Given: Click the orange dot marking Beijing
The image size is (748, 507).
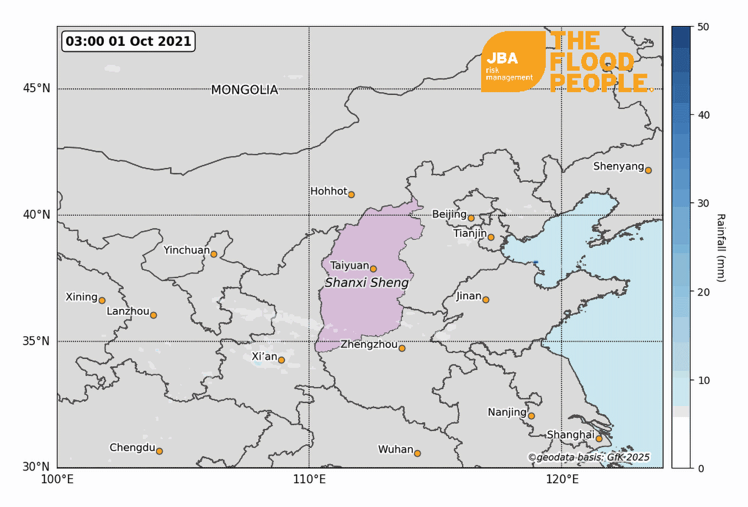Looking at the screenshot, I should tap(471, 218).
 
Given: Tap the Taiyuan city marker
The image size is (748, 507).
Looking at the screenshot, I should tap(373, 269).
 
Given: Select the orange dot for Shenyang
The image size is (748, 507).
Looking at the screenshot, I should tap(648, 170).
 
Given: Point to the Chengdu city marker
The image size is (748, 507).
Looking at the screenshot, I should tap(159, 451).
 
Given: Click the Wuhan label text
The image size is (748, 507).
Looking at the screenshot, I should tap(395, 450).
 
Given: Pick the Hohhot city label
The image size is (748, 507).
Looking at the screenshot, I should tap(328, 191).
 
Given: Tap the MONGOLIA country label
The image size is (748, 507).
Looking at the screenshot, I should tap(245, 90).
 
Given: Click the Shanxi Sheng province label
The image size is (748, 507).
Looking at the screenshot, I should tap(367, 283).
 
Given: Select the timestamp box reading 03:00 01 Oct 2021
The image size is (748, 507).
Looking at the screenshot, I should tap(129, 41).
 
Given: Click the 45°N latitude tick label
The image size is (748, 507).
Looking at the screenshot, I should tap(36, 88).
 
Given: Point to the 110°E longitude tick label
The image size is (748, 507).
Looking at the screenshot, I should tap(309, 479).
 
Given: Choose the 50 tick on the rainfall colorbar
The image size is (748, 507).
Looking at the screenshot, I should tap(703, 27).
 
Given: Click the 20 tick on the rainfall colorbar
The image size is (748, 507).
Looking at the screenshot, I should tap(703, 292).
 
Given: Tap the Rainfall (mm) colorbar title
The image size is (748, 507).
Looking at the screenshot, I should tap(720, 247).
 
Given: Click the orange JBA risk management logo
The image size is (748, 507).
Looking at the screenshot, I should tap(513, 62).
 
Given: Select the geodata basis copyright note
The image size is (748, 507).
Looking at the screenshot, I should tap(588, 457).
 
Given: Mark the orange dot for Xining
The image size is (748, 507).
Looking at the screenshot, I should tap(102, 300).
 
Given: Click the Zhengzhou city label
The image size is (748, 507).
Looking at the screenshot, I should tap(369, 345).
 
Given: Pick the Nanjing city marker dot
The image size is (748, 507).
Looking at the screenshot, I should tap(531, 416).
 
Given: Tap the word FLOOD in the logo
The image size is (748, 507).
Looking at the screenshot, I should tap(592, 62).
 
